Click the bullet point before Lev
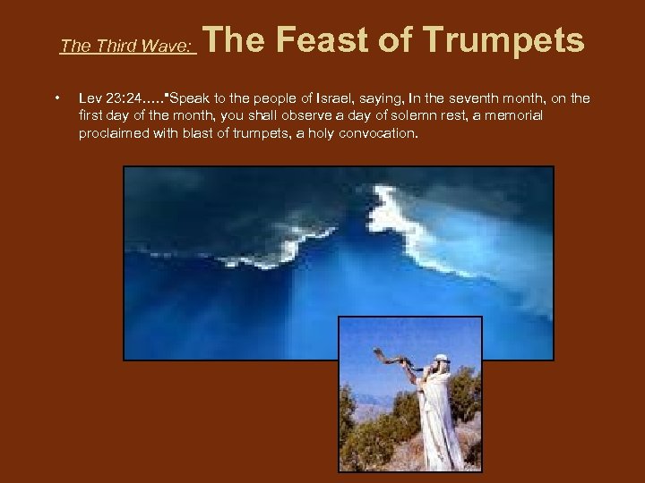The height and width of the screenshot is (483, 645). click(x=56, y=97)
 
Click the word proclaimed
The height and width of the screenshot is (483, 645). click(x=113, y=133)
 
